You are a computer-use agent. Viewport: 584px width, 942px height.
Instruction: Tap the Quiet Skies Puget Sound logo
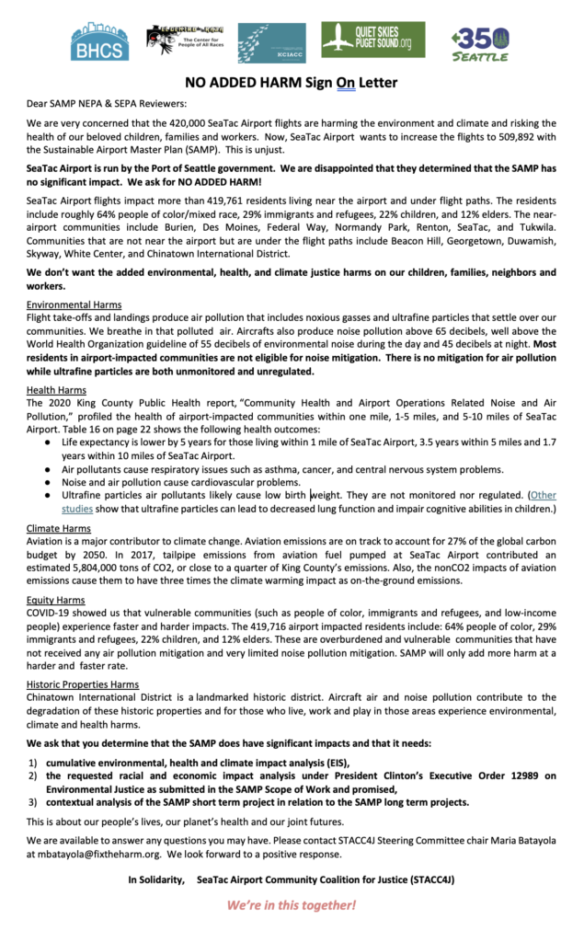[372, 40]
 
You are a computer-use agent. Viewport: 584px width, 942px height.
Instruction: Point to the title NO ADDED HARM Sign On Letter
[292, 83]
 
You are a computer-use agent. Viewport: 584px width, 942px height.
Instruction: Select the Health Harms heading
[56, 390]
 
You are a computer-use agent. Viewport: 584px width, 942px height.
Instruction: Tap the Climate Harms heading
[59, 529]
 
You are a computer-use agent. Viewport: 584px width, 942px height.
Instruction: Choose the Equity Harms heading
[57, 599]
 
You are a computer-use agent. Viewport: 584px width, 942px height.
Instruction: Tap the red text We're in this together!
[292, 904]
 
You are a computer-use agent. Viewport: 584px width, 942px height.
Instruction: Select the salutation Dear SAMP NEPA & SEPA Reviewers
[108, 103]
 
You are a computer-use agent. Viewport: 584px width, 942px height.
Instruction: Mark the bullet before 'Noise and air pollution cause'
[48, 482]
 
